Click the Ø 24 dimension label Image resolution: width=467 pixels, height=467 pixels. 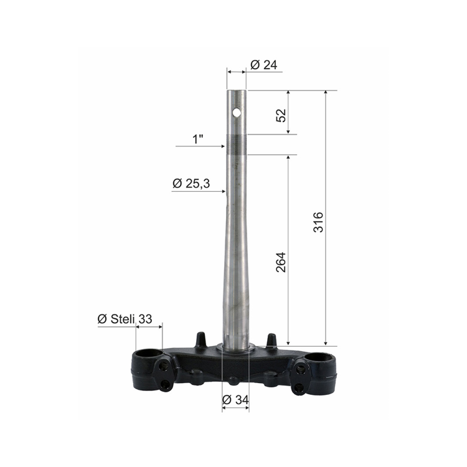click(x=263, y=65)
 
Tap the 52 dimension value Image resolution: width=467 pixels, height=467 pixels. click(x=281, y=115)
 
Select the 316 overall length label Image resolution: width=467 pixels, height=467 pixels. click(x=318, y=222)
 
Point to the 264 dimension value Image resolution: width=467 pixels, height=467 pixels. click(x=281, y=262)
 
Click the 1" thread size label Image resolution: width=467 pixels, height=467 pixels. click(x=198, y=139)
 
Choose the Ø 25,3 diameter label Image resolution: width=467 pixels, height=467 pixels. click(x=191, y=184)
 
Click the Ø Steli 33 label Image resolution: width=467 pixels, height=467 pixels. click(x=125, y=319)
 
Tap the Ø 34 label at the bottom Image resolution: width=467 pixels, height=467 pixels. click(x=235, y=400)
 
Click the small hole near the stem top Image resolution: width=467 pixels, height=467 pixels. click(x=237, y=113)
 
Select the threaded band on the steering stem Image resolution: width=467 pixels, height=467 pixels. click(x=237, y=144)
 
